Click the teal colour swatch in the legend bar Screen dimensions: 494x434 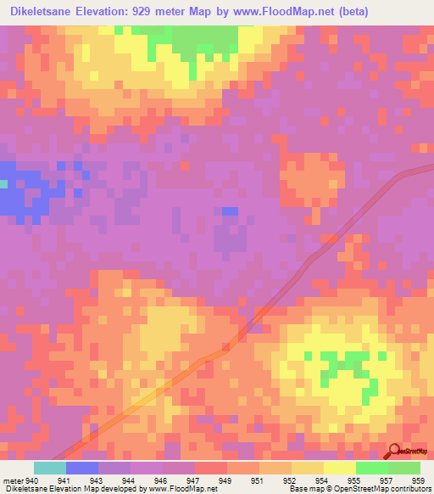coord(50,468)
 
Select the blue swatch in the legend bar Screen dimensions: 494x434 coord(82,468)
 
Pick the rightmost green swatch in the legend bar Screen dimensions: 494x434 coord(404,468)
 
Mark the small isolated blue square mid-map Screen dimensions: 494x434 coord(230,211)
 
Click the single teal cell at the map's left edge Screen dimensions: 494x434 coord(3,183)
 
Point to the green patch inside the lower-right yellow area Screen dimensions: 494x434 coord(340,366)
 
